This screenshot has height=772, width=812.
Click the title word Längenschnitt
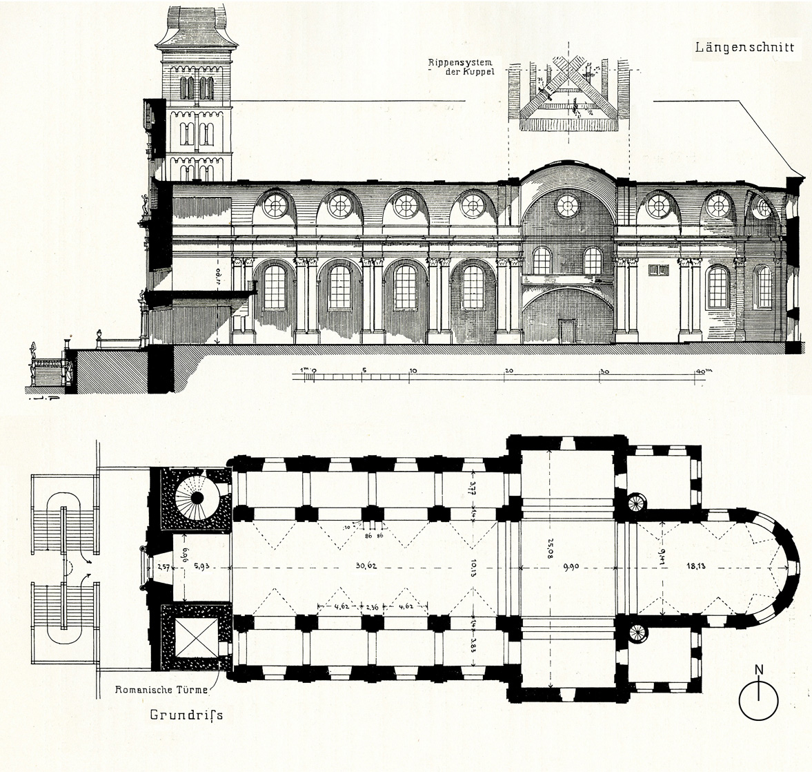[x=744, y=48]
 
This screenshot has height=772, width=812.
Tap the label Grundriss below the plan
[x=187, y=715]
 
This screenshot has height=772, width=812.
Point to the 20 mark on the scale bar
[x=508, y=370]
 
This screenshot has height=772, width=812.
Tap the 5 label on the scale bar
[x=364, y=370]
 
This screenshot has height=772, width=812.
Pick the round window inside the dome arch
[x=566, y=204]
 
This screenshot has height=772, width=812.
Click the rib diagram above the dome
[x=568, y=97]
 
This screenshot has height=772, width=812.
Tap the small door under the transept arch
[x=567, y=329]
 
